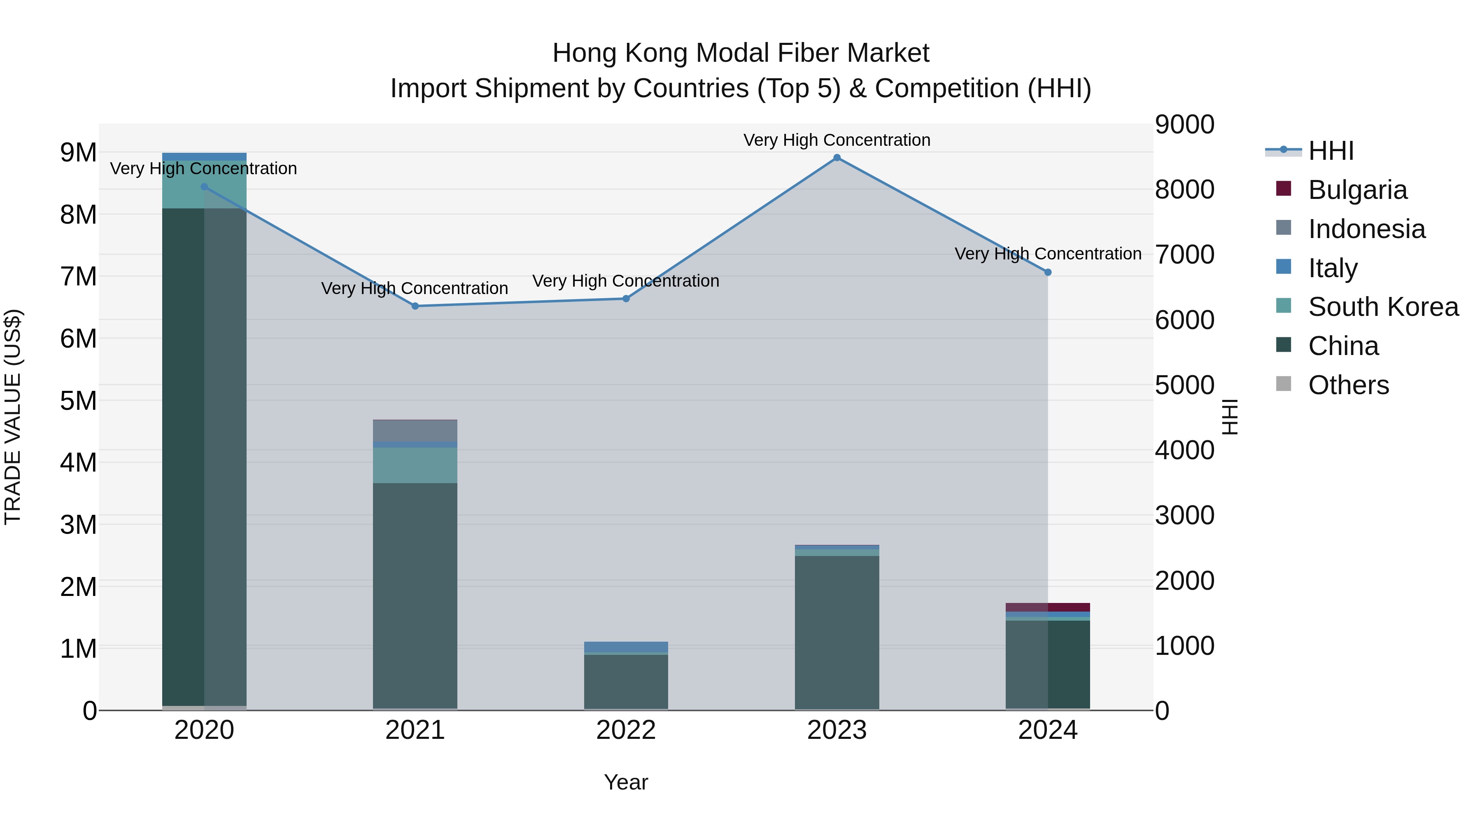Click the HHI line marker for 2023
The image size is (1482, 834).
coord(837,158)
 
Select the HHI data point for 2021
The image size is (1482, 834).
coord(415,306)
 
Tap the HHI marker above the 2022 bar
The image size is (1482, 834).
coord(626,299)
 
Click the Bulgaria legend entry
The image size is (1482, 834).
coord(1358,190)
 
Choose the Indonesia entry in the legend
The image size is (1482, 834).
coord(1367,229)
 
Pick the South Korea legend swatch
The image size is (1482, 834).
coord(1284,306)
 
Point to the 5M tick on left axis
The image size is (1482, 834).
coord(78,401)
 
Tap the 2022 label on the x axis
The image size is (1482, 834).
coord(626,730)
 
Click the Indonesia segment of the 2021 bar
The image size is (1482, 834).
coord(415,430)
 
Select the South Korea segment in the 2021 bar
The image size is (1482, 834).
coord(415,465)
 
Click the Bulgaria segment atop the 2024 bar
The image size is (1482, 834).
coord(1048,607)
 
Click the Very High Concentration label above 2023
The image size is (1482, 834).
coord(837,140)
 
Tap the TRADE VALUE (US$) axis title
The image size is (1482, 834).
coord(13,417)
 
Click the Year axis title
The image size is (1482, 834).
coord(626,782)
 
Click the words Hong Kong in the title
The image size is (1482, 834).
coord(620,53)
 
